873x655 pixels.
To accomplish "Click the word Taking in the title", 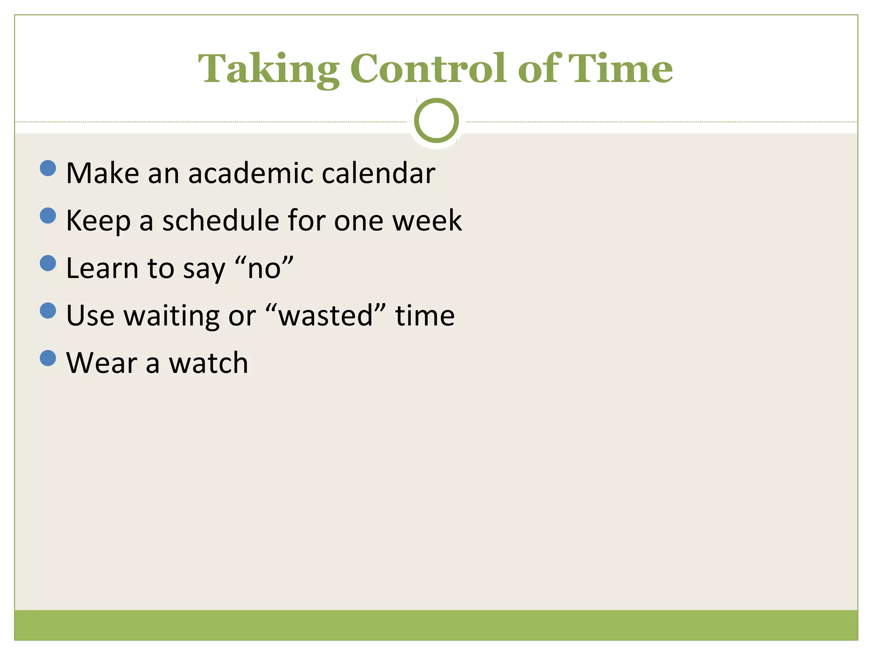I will [269, 69].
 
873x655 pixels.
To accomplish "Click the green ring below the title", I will [436, 120].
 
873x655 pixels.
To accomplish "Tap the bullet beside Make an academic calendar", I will [48, 168].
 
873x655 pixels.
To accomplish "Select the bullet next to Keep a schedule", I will [48, 215].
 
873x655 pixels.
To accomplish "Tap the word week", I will [427, 220].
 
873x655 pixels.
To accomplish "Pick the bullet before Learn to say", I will [48, 263].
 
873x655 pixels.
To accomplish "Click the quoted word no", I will [264, 268].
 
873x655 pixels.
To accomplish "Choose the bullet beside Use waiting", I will [48, 310].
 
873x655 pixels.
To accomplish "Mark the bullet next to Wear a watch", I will [48, 358].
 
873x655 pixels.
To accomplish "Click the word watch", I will [208, 363].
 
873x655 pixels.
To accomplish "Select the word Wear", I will [101, 363].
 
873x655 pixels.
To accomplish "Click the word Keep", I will [98, 221].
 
